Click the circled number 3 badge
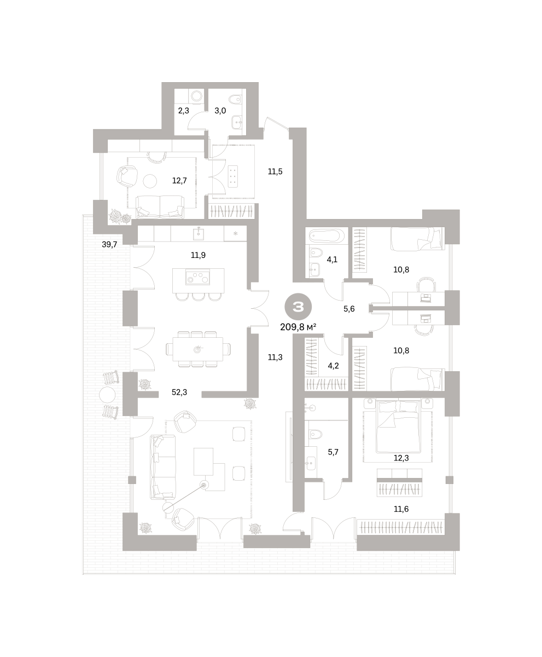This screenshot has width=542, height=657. pos(298,307)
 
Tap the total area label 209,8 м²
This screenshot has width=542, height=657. pos(298,327)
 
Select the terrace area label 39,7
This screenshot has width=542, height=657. pos(109,244)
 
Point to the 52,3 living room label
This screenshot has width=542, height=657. pos(179,392)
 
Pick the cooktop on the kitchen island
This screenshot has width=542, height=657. pos(198,278)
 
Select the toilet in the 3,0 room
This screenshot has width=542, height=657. pos(236,100)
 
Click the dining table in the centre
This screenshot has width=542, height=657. pos(197,349)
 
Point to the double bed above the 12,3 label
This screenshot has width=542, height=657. pos(399,426)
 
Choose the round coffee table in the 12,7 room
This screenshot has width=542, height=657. pos(150,181)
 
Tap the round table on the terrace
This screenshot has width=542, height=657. pos(107,395)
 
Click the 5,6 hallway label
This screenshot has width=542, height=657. pos(349,309)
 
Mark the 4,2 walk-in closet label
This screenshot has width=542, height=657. pos(333,366)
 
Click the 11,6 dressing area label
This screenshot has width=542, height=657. pos(401,509)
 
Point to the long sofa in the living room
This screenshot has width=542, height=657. pos(162,467)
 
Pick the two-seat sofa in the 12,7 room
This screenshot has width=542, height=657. pos(160,207)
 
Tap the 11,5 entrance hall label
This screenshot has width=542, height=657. pos(275,171)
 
